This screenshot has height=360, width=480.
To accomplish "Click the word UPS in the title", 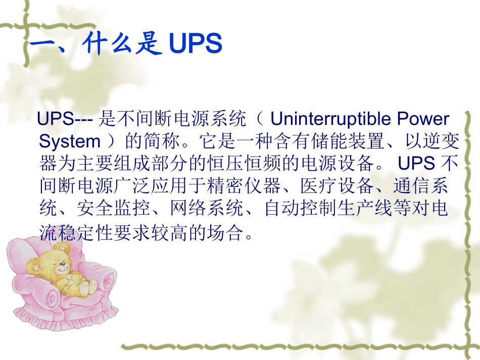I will [195, 44].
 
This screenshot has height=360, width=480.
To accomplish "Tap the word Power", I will [424, 119].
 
